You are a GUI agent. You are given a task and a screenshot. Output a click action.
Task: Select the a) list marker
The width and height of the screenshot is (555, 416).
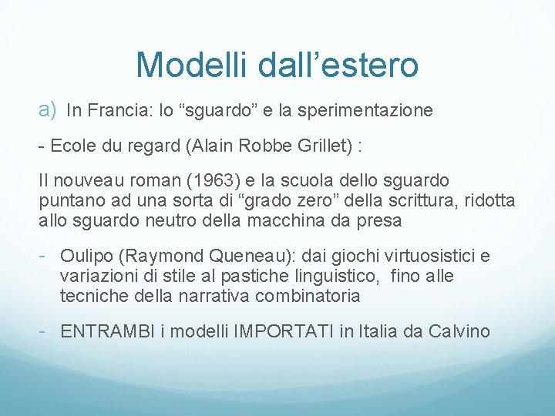48,109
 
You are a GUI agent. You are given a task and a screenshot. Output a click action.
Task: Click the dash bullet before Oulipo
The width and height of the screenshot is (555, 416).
44,256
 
